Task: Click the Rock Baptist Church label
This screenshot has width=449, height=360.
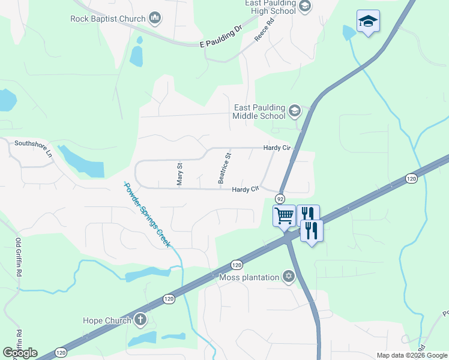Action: pyautogui.click(x=108, y=19)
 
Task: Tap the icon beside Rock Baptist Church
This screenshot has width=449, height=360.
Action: pyautogui.click(x=155, y=19)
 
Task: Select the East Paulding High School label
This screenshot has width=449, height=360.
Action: pyautogui.click(x=270, y=7)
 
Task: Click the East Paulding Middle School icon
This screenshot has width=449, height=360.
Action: pyautogui.click(x=294, y=111)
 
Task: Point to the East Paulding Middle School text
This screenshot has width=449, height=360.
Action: pyautogui.click(x=259, y=112)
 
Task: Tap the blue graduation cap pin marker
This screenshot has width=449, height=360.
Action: pyautogui.click(x=367, y=22)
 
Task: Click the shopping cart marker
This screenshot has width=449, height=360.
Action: pyautogui.click(x=283, y=215)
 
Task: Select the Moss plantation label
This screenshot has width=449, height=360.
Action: pyautogui.click(x=249, y=277)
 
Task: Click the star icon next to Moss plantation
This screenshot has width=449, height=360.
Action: pyautogui.click(x=289, y=277)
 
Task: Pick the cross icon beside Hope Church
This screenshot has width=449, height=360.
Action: pyautogui.click(x=140, y=320)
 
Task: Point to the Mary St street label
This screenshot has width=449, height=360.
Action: pyautogui.click(x=179, y=173)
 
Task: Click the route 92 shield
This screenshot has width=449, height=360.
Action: pyautogui.click(x=280, y=198)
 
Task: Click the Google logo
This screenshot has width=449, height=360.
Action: pyautogui.click(x=20, y=352)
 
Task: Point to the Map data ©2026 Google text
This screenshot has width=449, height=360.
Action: pyautogui.click(x=412, y=355)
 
